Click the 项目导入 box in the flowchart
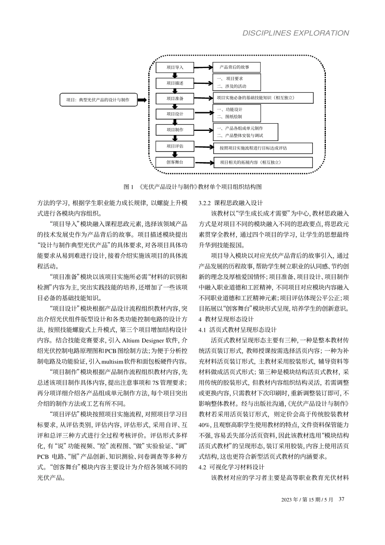tap(175, 68)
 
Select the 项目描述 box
tap(175, 83)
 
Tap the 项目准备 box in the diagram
tap(175, 98)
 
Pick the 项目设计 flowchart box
tap(175, 114)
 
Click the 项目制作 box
tap(175, 130)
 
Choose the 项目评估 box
tap(175, 146)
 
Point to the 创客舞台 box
tap(175, 162)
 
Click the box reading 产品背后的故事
tap(237, 67)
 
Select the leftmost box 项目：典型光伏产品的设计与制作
tap(98, 100)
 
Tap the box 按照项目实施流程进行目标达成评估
tap(263, 148)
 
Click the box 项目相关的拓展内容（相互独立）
tap(263, 162)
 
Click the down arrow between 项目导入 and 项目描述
tap(175, 75)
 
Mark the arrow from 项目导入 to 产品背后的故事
tap(203, 68)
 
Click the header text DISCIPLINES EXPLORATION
tap(295, 33)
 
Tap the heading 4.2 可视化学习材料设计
tap(231, 467)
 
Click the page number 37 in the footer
tap(341, 499)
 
